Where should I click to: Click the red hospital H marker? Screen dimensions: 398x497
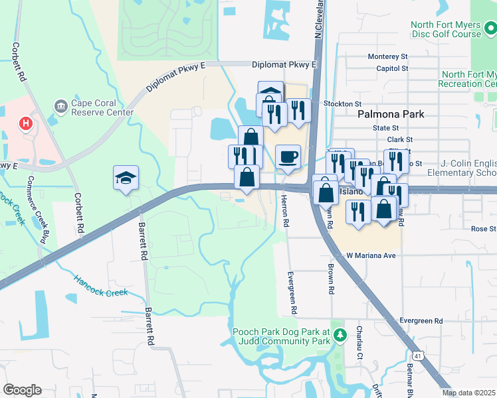tap(26, 123)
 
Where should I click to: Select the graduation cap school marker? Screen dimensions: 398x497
tap(126, 178)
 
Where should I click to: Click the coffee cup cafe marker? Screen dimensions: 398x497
tap(288, 157)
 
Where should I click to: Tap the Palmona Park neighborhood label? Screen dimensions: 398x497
tap(390, 114)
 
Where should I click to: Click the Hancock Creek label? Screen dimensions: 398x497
tap(100, 286)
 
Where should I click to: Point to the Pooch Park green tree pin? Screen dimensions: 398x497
tap(340, 334)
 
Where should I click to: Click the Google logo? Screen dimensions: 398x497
tap(22, 390)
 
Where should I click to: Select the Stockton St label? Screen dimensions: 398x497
tap(342, 104)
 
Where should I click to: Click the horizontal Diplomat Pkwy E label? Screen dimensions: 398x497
tap(285, 65)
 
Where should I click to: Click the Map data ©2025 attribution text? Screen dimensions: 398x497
tap(469, 393)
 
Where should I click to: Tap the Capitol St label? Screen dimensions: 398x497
tap(391, 68)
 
